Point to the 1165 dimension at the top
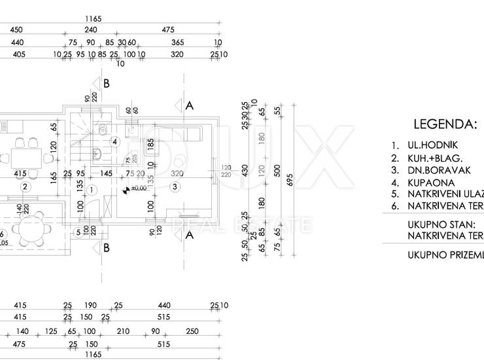tap(93, 19)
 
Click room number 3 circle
tap(175, 187)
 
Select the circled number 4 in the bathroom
tap(114, 141)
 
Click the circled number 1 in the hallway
tap(92, 190)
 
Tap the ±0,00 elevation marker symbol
tap(126, 190)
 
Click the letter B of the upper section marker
tap(106, 83)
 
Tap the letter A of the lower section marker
tap(190, 236)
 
